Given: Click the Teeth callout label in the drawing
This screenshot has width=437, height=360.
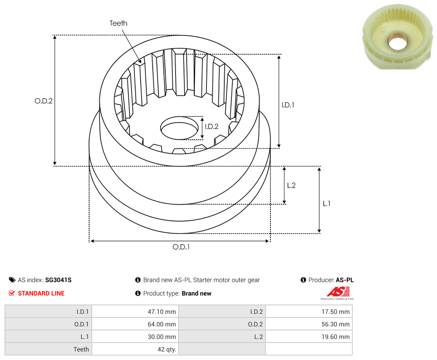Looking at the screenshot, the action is click(x=119, y=23).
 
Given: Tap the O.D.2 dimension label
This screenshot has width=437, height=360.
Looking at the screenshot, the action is click(x=43, y=101).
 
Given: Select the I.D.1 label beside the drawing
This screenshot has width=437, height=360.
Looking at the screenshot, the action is click(x=288, y=105).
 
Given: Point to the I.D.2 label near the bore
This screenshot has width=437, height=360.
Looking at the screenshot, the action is click(x=211, y=127).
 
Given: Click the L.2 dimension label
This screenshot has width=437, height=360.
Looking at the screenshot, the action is click(x=291, y=185).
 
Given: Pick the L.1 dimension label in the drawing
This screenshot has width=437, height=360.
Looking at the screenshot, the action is click(x=326, y=204).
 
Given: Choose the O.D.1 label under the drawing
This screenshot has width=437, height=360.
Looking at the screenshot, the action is click(x=181, y=247).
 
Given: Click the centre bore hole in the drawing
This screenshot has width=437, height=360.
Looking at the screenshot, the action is click(x=179, y=128).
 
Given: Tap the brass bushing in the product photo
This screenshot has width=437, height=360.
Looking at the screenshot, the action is click(x=398, y=43).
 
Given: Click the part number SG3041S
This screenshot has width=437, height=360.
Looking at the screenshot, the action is click(x=58, y=280).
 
